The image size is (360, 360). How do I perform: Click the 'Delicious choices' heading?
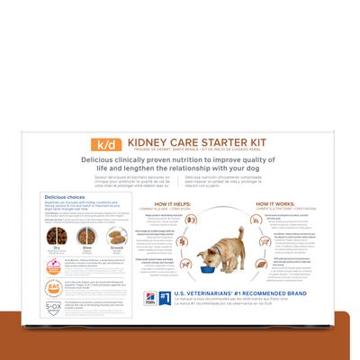tap(64, 195)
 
